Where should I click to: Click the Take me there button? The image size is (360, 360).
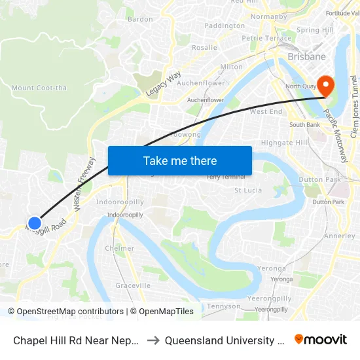180,160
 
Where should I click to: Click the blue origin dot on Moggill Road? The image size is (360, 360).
35,223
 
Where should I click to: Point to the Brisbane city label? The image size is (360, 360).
306,57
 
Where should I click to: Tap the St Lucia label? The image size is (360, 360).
248,190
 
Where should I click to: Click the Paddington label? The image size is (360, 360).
225,26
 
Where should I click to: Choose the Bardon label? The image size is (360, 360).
140,19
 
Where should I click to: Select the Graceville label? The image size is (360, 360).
133,285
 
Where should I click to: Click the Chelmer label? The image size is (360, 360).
120,248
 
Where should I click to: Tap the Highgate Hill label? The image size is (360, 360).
284,142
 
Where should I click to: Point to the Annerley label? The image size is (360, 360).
340,236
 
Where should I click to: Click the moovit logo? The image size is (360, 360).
321,339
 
